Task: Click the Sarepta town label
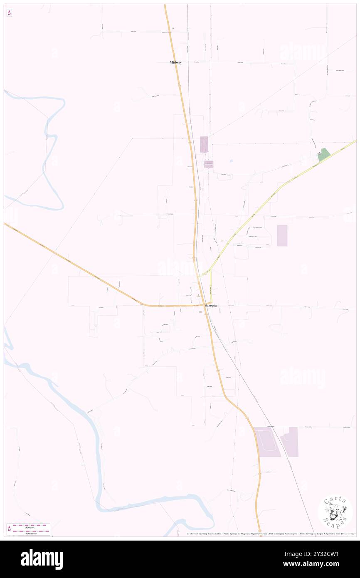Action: [211, 305]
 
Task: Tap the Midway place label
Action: [175, 62]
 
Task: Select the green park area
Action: [324, 155]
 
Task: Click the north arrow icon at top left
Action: [9, 13]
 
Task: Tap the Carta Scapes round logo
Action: [335, 512]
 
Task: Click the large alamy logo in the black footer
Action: [42, 559]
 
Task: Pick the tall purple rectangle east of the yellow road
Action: [282, 235]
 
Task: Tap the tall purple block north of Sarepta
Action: [204, 144]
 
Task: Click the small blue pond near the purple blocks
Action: [231, 161]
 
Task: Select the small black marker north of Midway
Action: [173, 28]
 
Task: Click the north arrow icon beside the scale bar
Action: [9, 529]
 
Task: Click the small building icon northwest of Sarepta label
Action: [198, 296]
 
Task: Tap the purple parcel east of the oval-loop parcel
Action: [290, 442]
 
